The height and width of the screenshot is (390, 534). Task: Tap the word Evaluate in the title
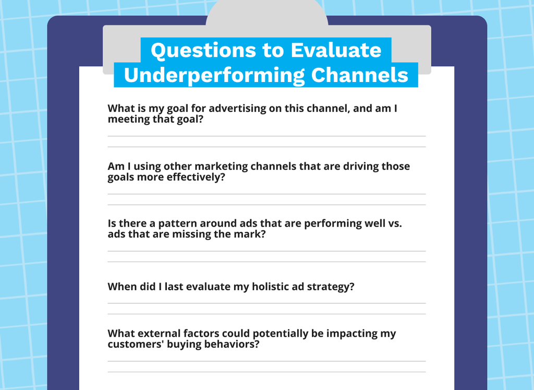coord(336,50)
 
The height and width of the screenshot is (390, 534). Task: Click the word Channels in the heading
coord(359,75)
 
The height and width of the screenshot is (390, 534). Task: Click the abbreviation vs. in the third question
coord(395,223)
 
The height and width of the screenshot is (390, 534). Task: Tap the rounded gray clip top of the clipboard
coord(267,14)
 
